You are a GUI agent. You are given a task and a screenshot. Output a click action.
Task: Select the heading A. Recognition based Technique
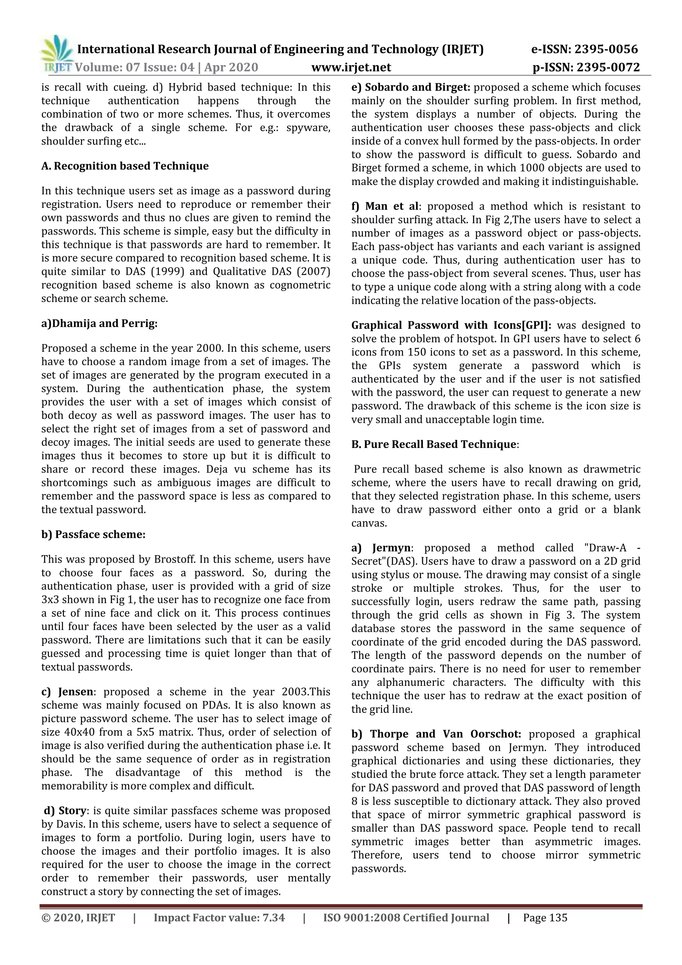coord(125,166)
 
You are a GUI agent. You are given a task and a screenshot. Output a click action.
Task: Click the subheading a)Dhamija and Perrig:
coord(100,324)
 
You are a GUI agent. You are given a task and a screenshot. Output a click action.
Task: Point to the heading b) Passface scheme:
coord(93,534)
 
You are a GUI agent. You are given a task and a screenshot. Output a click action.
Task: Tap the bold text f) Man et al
coord(385,206)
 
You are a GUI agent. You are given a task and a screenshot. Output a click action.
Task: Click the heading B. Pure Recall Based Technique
coord(434,444)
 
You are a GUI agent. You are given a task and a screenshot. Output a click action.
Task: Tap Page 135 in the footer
coord(545,926)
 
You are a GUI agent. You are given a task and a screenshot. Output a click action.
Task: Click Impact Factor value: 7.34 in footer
coord(219,926)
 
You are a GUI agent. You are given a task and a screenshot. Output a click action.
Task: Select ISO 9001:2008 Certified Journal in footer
coord(406,926)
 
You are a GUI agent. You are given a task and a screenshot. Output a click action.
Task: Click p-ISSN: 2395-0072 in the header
coord(586,67)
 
